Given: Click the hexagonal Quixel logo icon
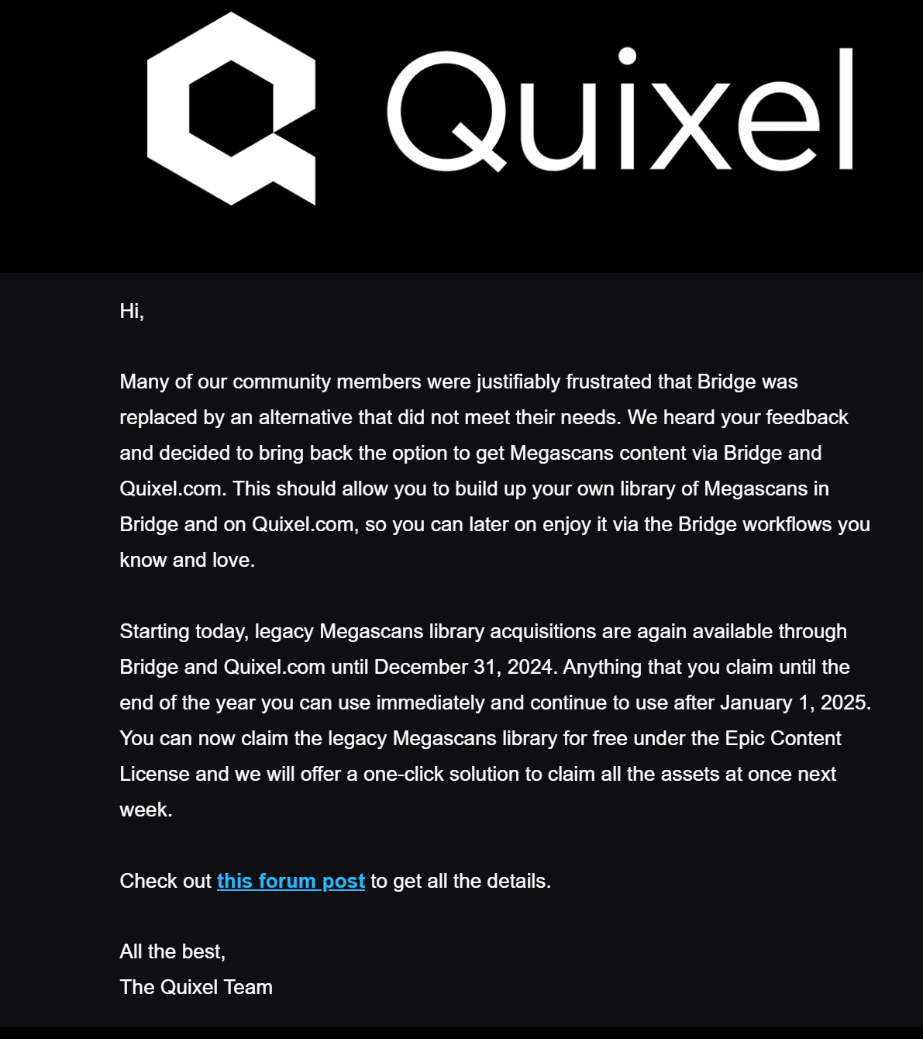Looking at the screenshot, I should tap(231, 109).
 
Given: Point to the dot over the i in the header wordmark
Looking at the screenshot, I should tap(628, 57).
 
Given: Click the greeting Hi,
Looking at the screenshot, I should tap(132, 311).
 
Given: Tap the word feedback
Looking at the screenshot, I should tap(807, 418).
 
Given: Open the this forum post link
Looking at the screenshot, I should tap(291, 882).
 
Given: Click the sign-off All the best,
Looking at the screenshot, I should tap(172, 952).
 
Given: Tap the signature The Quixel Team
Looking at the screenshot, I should tap(196, 988).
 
